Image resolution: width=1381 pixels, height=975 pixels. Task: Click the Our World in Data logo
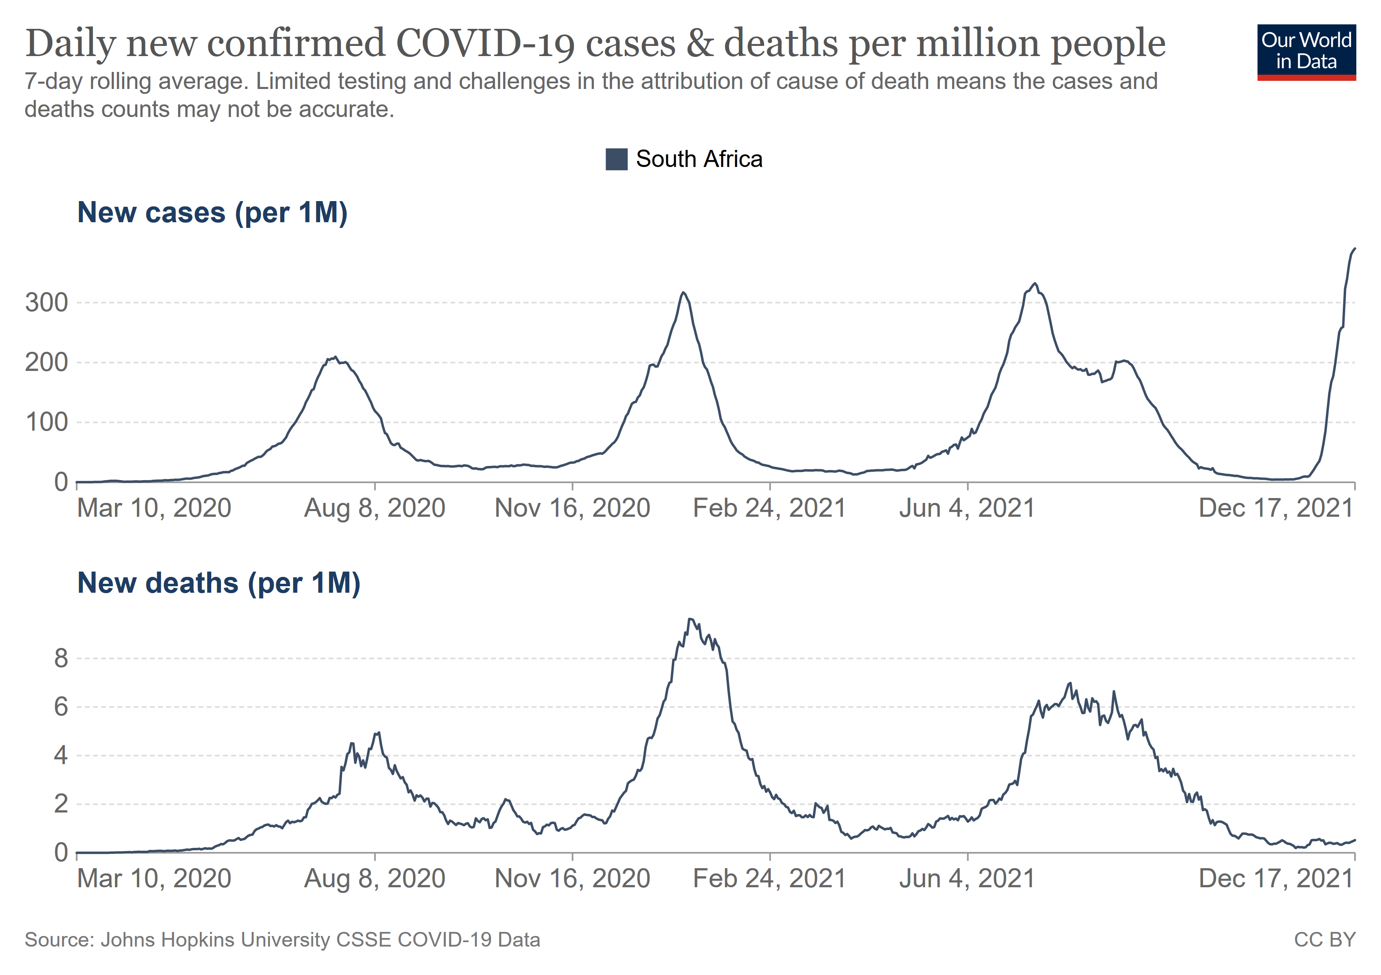(1306, 52)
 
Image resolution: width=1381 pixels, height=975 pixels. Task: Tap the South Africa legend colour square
(616, 159)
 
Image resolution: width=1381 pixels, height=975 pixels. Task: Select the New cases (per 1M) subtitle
(212, 213)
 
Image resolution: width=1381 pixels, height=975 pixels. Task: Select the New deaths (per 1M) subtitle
(219, 583)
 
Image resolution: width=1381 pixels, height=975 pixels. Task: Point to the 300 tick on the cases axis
(46, 303)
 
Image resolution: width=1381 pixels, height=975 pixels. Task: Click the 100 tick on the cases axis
(46, 422)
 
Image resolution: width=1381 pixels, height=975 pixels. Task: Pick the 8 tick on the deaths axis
(61, 659)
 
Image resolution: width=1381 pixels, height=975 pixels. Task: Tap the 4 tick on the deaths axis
(61, 756)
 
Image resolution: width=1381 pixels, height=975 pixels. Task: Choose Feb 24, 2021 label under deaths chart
(769, 879)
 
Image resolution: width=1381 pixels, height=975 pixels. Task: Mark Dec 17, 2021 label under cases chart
(1275, 508)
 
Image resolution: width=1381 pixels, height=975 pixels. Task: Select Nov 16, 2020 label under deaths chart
(572, 879)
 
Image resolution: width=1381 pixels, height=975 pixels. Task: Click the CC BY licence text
(1325, 940)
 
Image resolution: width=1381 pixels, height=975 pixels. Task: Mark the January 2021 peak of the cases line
(683, 292)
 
